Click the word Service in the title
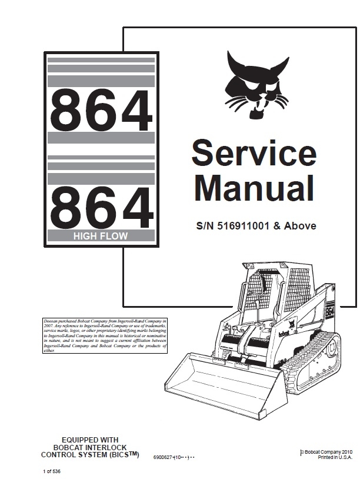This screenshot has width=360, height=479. pos(254,154)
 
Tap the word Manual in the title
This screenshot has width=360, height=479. pos(254,189)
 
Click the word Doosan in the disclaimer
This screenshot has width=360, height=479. pos(54,320)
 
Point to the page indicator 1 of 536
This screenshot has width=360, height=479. pos(52,472)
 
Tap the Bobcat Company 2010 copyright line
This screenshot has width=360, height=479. pos(327,451)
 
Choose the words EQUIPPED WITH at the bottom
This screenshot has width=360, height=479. pos(90,440)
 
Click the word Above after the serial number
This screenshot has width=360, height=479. pos(301,225)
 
